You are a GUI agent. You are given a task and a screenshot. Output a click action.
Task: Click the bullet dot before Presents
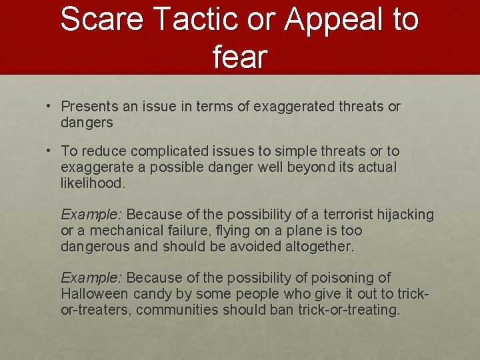click(49, 106)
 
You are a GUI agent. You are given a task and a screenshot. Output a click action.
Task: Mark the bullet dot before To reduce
click(49, 151)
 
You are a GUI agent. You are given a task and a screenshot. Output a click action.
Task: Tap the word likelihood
click(93, 183)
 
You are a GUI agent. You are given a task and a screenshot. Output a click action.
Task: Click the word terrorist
click(349, 215)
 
